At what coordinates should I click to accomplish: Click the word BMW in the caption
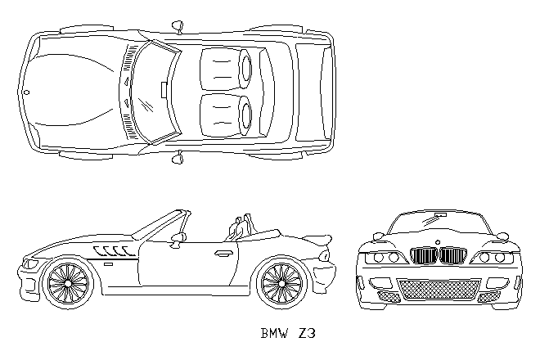click(274, 333)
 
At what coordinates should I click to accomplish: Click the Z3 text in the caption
click(307, 333)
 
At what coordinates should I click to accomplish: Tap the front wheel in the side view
click(68, 283)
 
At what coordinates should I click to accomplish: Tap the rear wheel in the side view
click(281, 283)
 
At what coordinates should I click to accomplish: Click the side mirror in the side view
click(178, 239)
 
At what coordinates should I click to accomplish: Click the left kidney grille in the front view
click(424, 255)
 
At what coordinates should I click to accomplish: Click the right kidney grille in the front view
click(453, 255)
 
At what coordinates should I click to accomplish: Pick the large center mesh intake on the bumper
click(439, 290)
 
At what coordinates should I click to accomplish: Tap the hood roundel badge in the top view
click(27, 92)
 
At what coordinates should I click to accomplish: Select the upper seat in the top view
click(226, 68)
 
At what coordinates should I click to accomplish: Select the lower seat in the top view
click(226, 115)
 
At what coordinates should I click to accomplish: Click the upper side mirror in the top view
click(178, 26)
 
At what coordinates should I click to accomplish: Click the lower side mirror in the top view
click(178, 157)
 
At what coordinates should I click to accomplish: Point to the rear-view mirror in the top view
click(164, 90)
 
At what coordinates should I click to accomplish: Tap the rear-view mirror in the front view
click(440, 215)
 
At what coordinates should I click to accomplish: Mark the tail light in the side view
click(324, 256)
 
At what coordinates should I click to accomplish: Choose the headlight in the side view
click(30, 264)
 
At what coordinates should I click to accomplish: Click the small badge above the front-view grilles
click(438, 242)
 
